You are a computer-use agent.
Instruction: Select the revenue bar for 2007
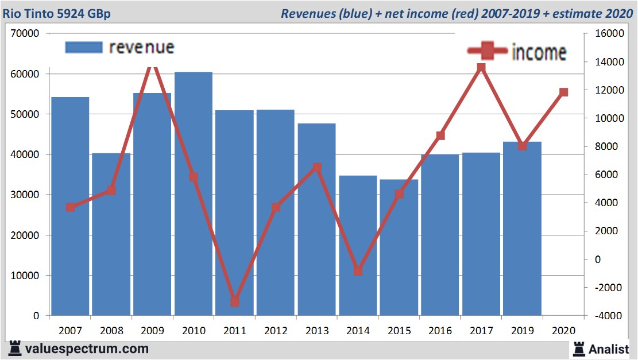tap(70, 206)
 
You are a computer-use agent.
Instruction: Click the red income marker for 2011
tap(234, 301)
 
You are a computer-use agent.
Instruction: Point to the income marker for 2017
tap(481, 68)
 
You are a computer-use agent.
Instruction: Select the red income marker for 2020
tap(563, 92)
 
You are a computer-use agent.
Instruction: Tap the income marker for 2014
tap(358, 270)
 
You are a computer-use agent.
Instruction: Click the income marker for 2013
tap(317, 168)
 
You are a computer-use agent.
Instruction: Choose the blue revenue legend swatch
tap(84, 48)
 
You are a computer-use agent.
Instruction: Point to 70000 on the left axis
tap(25, 34)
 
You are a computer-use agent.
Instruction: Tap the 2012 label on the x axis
tap(276, 331)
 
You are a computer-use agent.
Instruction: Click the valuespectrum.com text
tap(87, 349)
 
